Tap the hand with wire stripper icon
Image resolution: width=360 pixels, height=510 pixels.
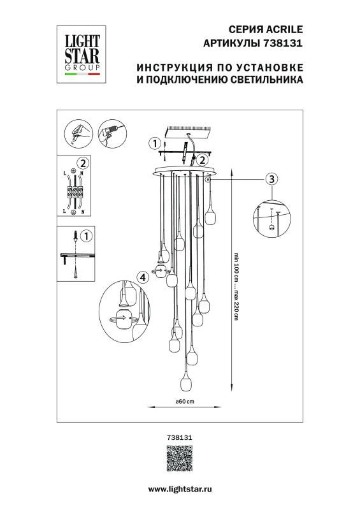click(x=77, y=135)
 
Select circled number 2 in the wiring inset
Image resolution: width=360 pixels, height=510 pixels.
click(x=82, y=163)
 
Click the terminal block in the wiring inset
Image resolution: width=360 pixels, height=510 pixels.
click(x=75, y=189)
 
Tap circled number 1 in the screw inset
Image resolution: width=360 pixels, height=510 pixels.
click(x=88, y=236)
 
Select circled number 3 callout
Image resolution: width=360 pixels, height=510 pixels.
click(x=271, y=178)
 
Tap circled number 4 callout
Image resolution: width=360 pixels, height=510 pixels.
click(x=143, y=277)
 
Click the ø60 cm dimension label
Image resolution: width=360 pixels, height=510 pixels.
click(x=184, y=401)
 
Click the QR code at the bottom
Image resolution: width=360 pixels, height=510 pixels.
click(x=180, y=459)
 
